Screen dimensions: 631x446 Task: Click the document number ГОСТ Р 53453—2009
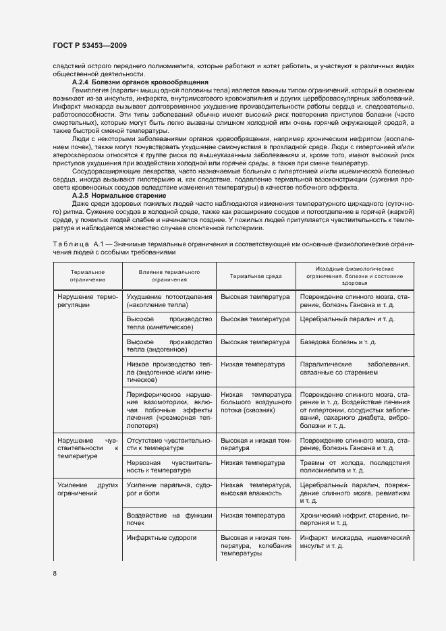(90, 45)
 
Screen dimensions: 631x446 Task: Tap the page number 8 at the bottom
(55, 573)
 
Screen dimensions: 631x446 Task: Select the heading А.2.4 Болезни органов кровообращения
(140, 82)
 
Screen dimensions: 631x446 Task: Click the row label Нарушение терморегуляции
(88, 301)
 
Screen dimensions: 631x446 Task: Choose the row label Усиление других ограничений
(88, 489)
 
